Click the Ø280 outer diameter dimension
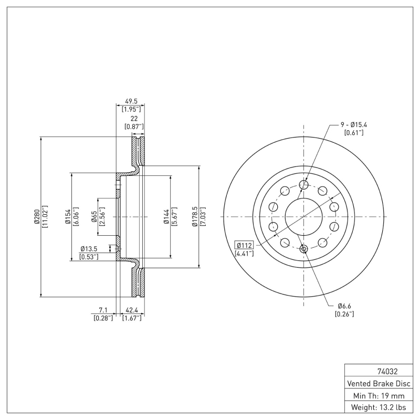tap(36, 216)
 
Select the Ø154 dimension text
tap(68, 216)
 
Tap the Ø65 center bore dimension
tap(93, 216)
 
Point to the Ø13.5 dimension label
tap(90, 249)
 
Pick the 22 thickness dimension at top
tap(134, 119)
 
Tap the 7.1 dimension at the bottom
tap(103, 310)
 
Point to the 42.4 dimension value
tap(131, 310)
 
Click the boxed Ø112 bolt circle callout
tap(245, 245)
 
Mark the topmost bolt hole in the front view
tap(303, 184)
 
